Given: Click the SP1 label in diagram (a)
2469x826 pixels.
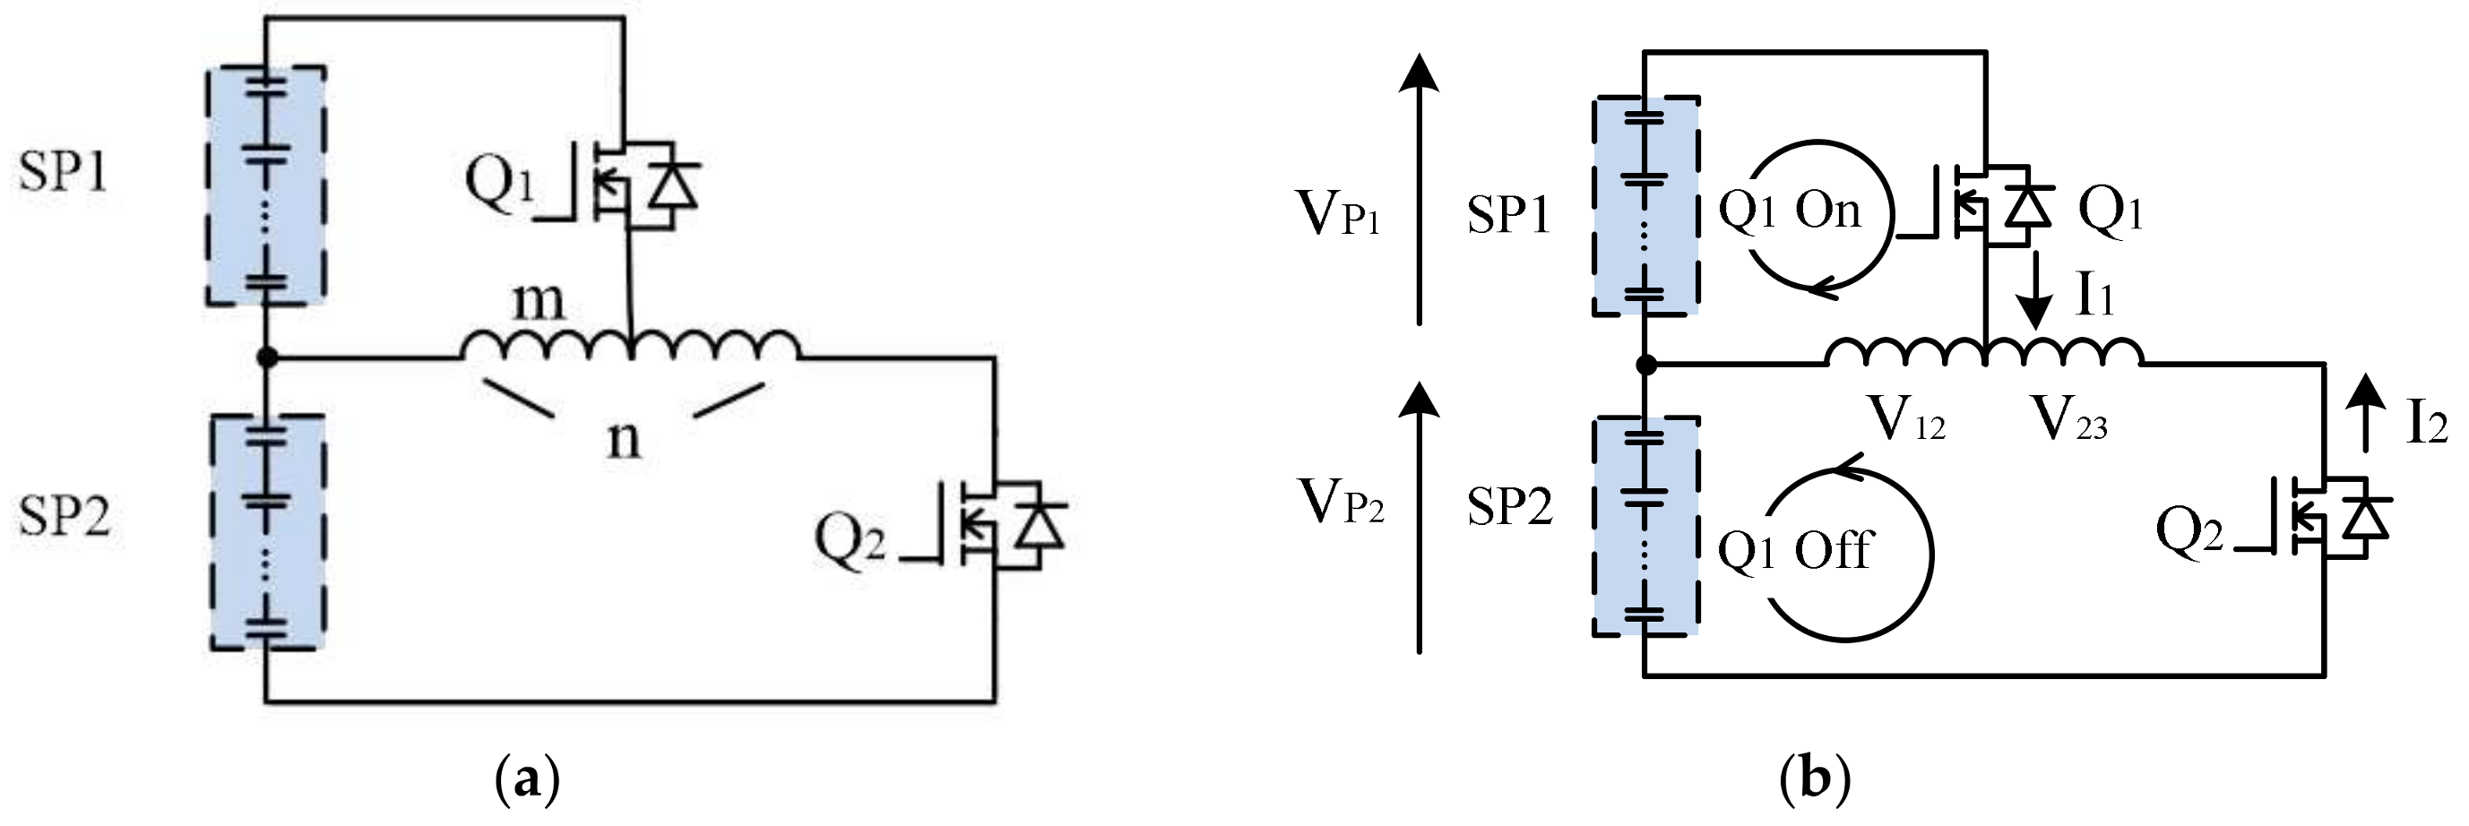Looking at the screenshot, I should pos(63,174).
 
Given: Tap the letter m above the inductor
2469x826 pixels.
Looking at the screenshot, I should pos(538,302).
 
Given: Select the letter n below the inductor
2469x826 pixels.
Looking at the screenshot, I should pos(623,440).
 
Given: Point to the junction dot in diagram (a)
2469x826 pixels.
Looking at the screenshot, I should pos(267,357).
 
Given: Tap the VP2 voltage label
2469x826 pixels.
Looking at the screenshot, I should pos(1341,502).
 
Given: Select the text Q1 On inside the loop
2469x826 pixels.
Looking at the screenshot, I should pos(1789,211).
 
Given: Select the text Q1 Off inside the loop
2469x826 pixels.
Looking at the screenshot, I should pos(1792,551).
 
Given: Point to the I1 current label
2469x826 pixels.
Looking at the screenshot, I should pos(2095,297).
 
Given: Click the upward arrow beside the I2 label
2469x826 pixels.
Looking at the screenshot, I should pos(2365,412).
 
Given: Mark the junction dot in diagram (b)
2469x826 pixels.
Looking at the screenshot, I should pos(1645,364).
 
